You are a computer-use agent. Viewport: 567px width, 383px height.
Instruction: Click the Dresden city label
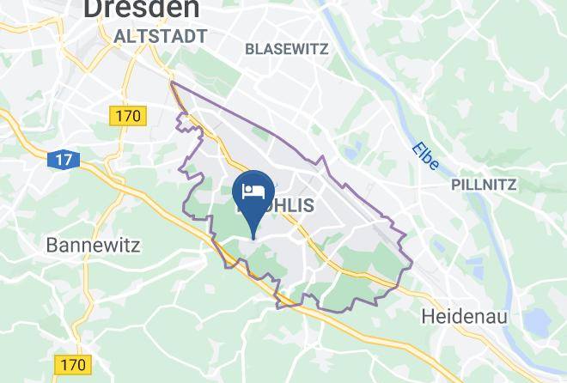click(142, 9)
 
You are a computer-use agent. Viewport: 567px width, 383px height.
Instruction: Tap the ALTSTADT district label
click(161, 36)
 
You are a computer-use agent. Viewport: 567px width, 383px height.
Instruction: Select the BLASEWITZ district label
click(286, 49)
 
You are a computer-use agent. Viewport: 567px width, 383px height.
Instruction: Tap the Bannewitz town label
click(92, 245)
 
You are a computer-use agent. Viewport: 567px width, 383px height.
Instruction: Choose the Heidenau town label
click(465, 317)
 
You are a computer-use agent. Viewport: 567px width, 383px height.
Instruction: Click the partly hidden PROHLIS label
click(279, 206)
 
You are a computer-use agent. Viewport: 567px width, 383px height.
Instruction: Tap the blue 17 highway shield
click(61, 159)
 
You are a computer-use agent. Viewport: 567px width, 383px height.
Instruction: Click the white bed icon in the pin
click(253, 190)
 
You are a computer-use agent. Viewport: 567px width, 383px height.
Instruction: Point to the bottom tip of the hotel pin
click(254, 236)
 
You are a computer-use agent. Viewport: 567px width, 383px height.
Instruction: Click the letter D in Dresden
click(93, 9)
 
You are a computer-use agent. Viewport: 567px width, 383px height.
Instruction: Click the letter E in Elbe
click(415, 149)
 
